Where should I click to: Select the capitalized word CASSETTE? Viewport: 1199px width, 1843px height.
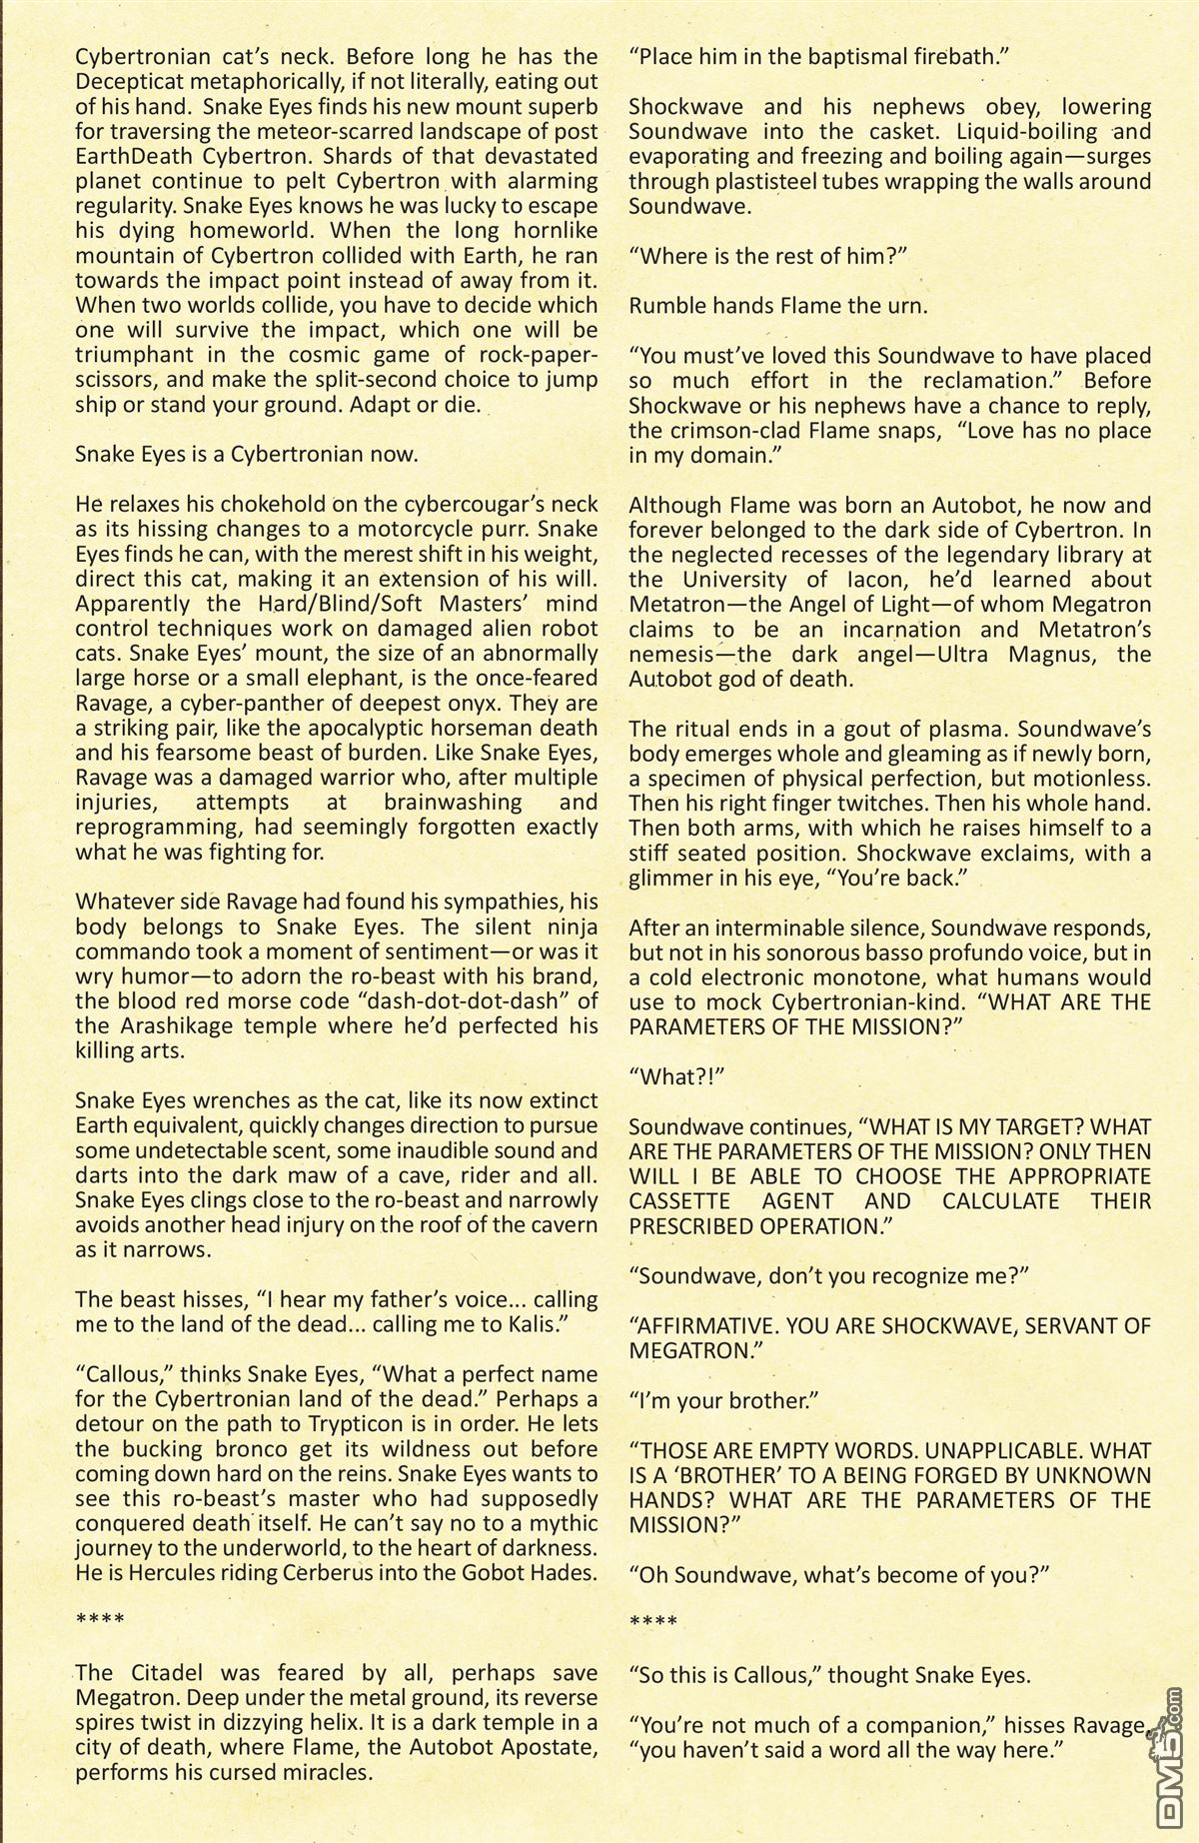pyautogui.click(x=680, y=1201)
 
